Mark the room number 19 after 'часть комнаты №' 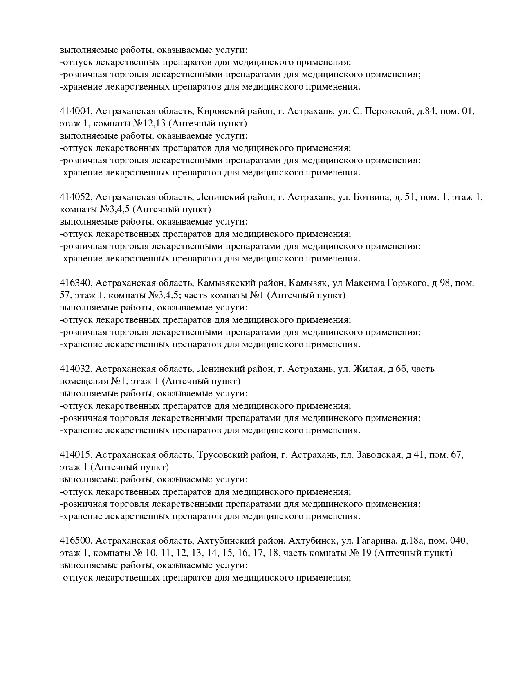(x=366, y=553)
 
